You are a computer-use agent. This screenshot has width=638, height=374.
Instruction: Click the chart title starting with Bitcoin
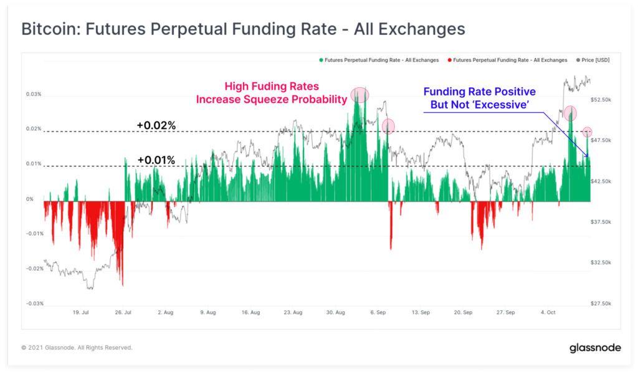pos(243,29)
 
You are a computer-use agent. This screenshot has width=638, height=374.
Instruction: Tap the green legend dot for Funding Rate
pos(321,60)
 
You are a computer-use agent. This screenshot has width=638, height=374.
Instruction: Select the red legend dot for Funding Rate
pos(450,60)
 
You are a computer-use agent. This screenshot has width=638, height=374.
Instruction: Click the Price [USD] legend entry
pos(594,60)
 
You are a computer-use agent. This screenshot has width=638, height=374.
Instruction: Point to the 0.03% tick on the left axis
pos(34,95)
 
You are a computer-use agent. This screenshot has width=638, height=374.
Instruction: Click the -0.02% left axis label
pos(34,269)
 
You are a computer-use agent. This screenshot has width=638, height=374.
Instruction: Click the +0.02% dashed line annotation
pos(156,125)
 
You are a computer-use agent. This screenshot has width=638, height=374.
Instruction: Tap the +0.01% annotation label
pos(156,160)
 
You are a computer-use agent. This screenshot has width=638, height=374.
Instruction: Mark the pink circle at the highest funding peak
pos(359,95)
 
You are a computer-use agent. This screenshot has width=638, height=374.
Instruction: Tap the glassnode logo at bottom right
pos(595,348)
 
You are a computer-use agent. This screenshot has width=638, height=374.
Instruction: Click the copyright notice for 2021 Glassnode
pos(77,348)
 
